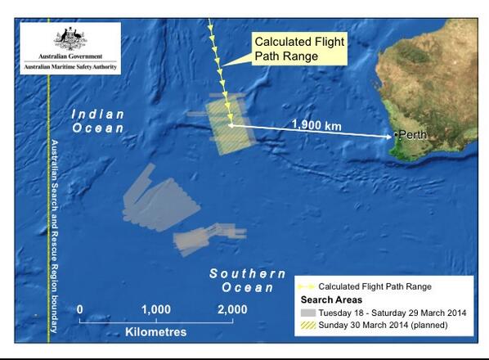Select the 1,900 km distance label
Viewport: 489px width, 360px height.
point(316,127)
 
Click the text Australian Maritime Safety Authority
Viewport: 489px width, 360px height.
point(68,65)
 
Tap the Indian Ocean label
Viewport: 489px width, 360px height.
point(97,121)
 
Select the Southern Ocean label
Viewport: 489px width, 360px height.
point(248,281)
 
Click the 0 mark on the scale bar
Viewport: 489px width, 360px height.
point(80,309)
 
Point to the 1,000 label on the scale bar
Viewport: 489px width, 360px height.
point(155,309)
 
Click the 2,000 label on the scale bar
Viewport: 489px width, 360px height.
point(232,309)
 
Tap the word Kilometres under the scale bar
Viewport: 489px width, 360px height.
point(155,332)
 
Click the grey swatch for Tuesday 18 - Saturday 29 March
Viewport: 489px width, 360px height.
point(307,313)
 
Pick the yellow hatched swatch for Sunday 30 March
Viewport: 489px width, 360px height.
point(307,326)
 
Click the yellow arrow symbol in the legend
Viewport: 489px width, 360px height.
point(307,286)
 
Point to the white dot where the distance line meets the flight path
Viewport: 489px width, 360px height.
point(231,126)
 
